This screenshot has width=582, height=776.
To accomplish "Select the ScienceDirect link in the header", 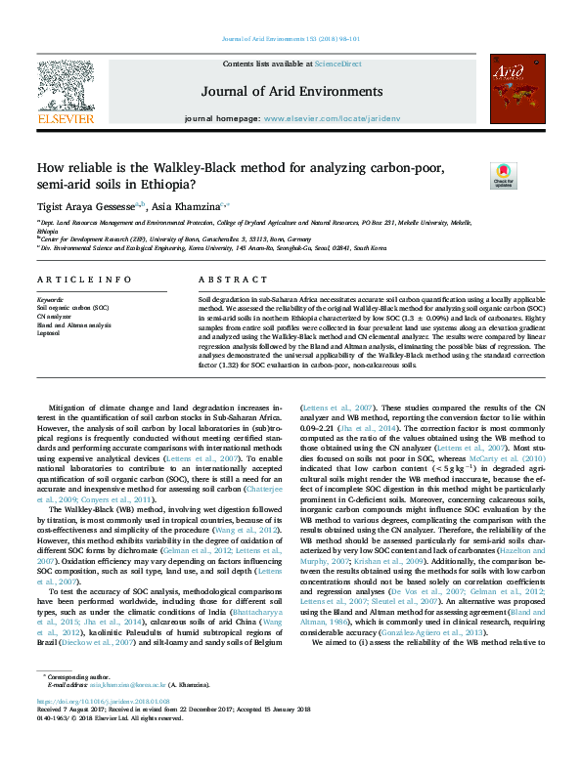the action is coord(337,64).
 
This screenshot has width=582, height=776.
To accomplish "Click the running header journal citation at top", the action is coord(291,39).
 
